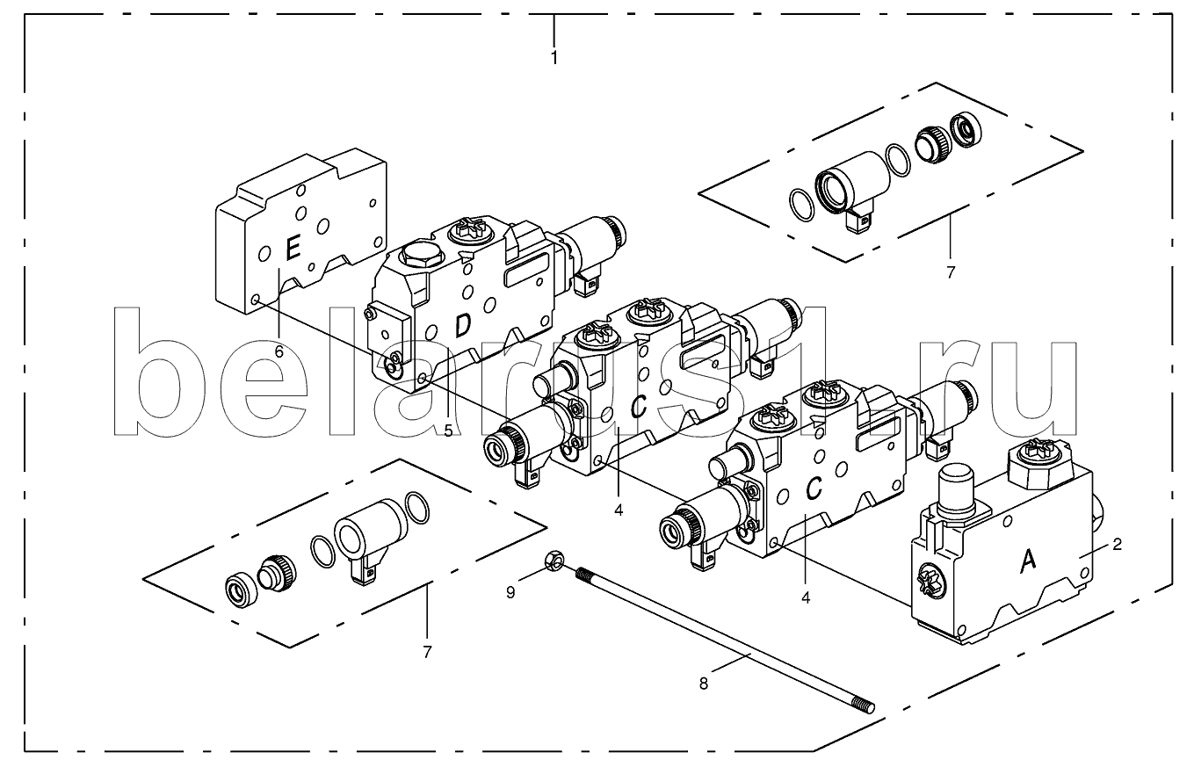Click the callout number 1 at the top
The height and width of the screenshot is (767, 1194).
pyautogui.click(x=554, y=57)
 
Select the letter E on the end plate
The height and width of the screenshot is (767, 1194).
pyautogui.click(x=293, y=248)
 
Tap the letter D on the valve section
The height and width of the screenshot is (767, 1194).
pyautogui.click(x=463, y=326)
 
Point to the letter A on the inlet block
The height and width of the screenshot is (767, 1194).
pyautogui.click(x=1027, y=561)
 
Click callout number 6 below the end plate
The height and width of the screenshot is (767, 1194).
pyautogui.click(x=279, y=351)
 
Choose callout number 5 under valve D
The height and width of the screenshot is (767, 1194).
pyautogui.click(x=448, y=431)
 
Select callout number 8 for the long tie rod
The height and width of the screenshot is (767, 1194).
pyautogui.click(x=704, y=684)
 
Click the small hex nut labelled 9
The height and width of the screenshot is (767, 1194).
pyautogui.click(x=554, y=560)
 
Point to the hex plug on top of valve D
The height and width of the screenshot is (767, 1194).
pyautogui.click(x=420, y=256)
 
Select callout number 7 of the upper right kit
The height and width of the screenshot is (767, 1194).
pyautogui.click(x=951, y=272)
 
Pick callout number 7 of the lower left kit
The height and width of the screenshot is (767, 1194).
pyautogui.click(x=427, y=652)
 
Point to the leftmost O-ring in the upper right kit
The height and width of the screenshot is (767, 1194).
pyautogui.click(x=801, y=205)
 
